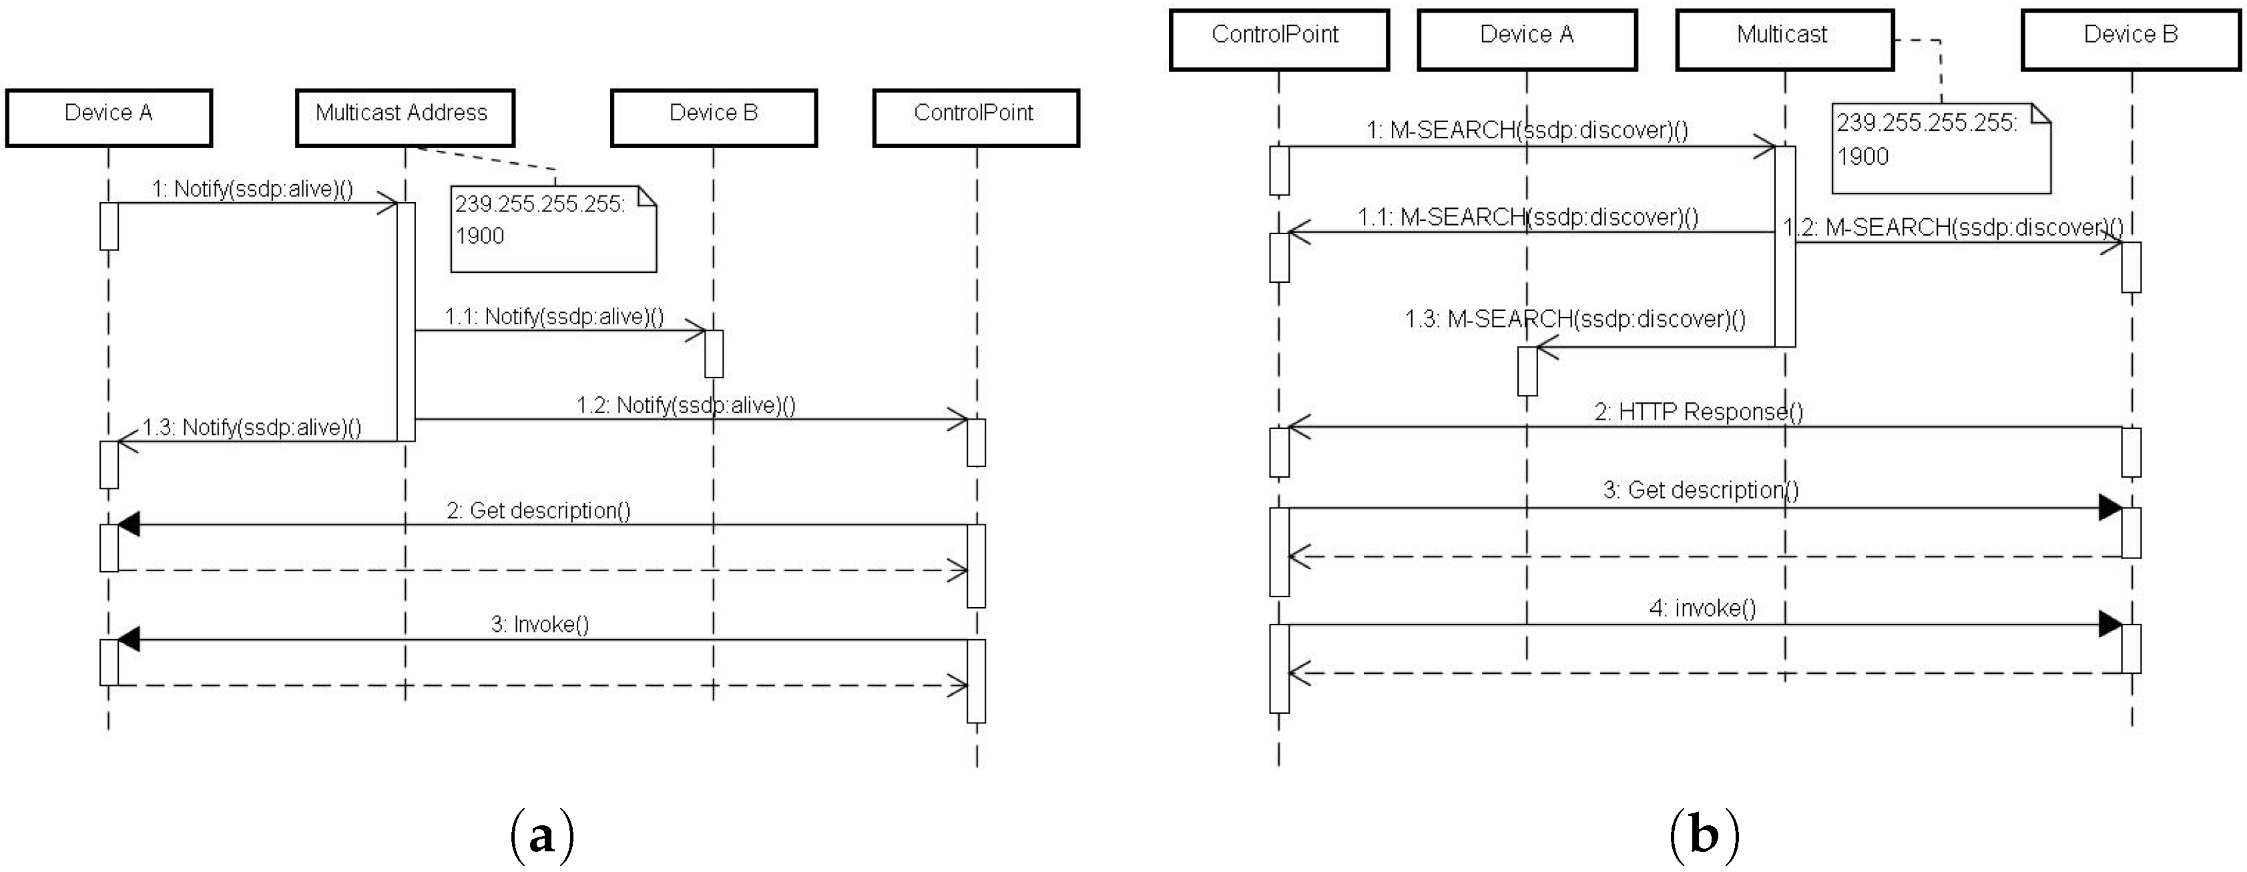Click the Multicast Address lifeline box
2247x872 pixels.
pos(405,117)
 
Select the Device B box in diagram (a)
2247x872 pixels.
pos(714,117)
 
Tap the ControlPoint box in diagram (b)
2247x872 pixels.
pos(1279,39)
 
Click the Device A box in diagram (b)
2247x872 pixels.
pos(1527,39)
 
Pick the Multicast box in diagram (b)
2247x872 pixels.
pos(1784,39)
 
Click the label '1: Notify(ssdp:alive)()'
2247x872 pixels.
pos(252,189)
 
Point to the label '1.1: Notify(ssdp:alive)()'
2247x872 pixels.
pos(554,316)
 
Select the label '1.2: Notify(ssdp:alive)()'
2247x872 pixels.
pos(686,406)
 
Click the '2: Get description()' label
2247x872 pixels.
pos(538,510)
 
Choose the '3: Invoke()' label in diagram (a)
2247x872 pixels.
pos(539,624)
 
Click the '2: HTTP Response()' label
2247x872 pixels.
pos(1698,412)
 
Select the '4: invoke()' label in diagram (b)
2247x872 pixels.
pos(1702,608)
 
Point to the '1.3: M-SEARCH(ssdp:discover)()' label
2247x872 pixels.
pos(1575,319)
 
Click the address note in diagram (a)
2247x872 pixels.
pos(553,228)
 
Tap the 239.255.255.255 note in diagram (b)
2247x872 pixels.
pos(1940,148)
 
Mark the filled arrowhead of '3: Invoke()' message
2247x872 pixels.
pos(128,640)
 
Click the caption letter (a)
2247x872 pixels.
pos(541,835)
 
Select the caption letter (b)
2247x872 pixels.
pos(1704,835)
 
